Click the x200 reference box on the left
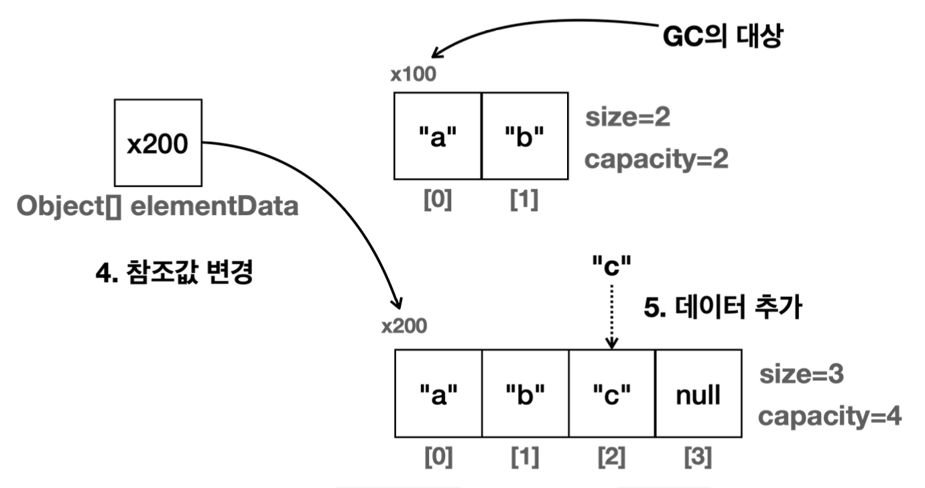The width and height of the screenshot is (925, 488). click(158, 143)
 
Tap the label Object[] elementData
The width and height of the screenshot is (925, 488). click(157, 206)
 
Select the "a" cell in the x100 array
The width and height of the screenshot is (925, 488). click(438, 136)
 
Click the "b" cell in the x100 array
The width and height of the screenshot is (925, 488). click(524, 136)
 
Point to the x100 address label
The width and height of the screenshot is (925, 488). click(414, 74)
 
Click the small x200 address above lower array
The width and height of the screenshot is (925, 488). click(404, 326)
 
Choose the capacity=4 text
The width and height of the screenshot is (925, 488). click(830, 417)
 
